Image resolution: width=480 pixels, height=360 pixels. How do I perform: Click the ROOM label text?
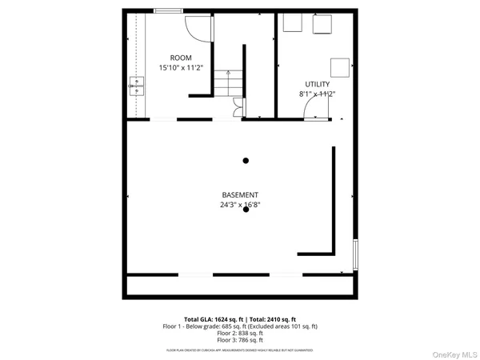click(181, 58)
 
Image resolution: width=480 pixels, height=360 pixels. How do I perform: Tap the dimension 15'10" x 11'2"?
click(181, 68)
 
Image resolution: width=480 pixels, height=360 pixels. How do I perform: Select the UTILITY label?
click(317, 84)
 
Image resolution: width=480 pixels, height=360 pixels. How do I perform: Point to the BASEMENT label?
click(240, 195)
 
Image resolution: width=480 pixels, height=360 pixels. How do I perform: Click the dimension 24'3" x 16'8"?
click(240, 205)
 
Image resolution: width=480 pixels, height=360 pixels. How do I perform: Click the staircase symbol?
click(228, 84)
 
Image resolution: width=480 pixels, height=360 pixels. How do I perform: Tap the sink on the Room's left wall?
click(136, 86)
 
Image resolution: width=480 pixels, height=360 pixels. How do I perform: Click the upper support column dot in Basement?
click(246, 161)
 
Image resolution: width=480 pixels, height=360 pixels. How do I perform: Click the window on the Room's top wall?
click(166, 10)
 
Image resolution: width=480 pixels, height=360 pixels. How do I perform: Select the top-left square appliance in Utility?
click(293, 23)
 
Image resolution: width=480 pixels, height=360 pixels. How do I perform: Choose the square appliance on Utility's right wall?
click(340, 67)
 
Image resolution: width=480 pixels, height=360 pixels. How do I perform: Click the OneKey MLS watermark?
click(454, 354)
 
